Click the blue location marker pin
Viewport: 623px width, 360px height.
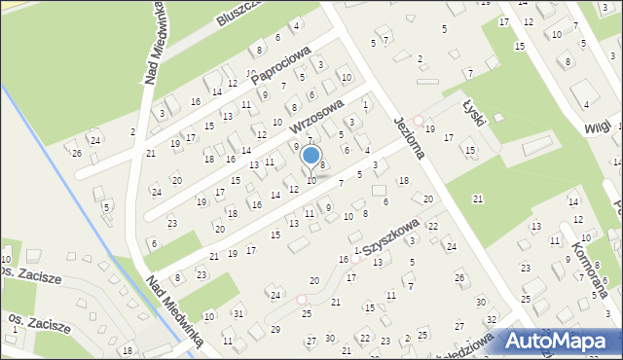pos(311,156)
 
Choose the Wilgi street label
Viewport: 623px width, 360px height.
pos(597,127)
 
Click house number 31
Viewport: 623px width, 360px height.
pos(238,312)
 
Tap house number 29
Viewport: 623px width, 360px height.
pos(275,330)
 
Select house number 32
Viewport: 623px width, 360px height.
pos(492,319)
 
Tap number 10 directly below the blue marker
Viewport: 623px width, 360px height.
pos(311,180)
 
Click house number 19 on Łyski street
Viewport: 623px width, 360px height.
pos(429,128)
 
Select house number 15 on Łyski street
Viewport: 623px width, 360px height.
pos(470,150)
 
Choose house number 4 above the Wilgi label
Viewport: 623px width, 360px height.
pos(586,104)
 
